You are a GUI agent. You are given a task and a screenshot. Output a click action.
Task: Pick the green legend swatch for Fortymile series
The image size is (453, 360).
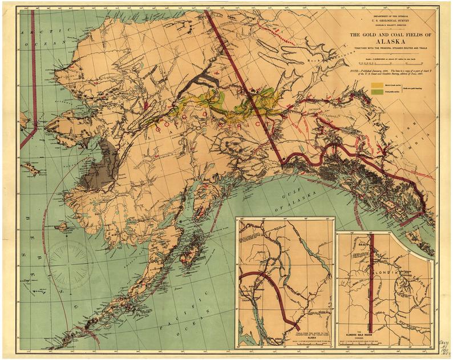377,92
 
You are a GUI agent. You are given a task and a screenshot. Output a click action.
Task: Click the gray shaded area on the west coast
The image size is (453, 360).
100,165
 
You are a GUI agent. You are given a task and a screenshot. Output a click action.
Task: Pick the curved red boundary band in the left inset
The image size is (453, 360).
280,291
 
